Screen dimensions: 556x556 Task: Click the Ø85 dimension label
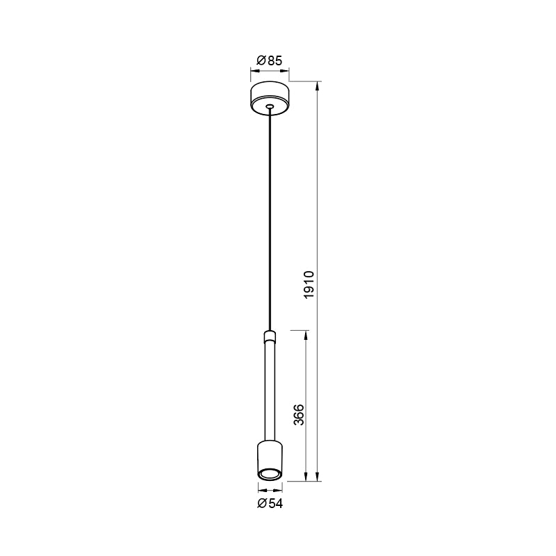click(x=269, y=61)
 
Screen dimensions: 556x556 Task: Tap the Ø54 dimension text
click(x=269, y=503)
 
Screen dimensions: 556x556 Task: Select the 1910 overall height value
click(x=310, y=285)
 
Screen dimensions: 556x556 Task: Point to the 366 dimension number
click(x=299, y=416)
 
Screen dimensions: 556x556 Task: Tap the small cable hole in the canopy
click(x=269, y=106)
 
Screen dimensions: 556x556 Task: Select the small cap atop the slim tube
click(x=269, y=337)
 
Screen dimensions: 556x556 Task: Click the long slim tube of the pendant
click(x=269, y=389)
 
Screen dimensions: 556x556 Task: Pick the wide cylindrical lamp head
click(x=269, y=455)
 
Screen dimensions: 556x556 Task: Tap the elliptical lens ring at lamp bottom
click(x=269, y=474)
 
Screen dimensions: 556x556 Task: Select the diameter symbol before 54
click(x=261, y=503)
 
